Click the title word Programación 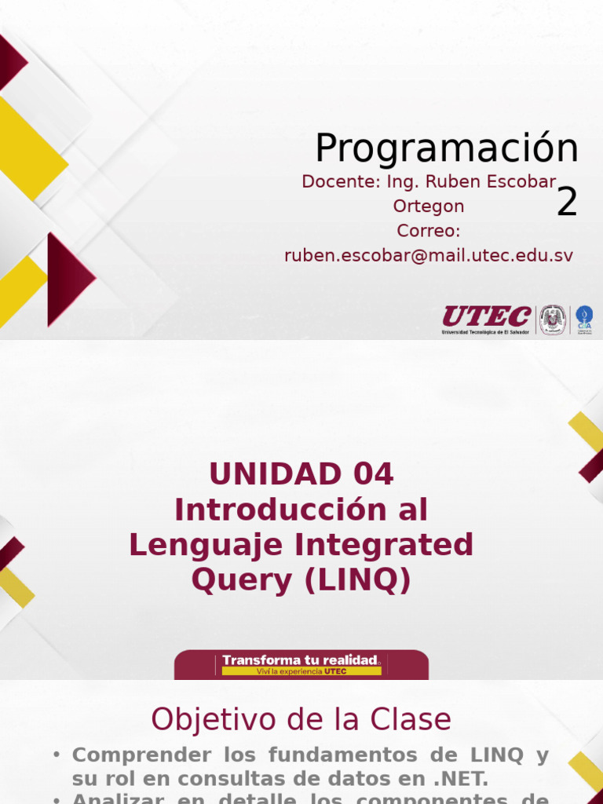tap(446, 148)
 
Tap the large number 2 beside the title tap(567, 203)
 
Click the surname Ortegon tap(428, 206)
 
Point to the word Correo tap(428, 231)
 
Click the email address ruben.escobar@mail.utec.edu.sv tap(428, 255)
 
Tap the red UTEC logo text tap(486, 316)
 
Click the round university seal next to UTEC tap(553, 319)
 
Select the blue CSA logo tap(584, 319)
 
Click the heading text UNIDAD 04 tap(301, 473)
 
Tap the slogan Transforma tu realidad tap(301, 660)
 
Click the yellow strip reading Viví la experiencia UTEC tap(301, 671)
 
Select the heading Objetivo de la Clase tap(301, 719)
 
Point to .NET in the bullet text tap(461, 779)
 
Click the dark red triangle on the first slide tap(67, 279)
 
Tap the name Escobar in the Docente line tap(525, 182)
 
